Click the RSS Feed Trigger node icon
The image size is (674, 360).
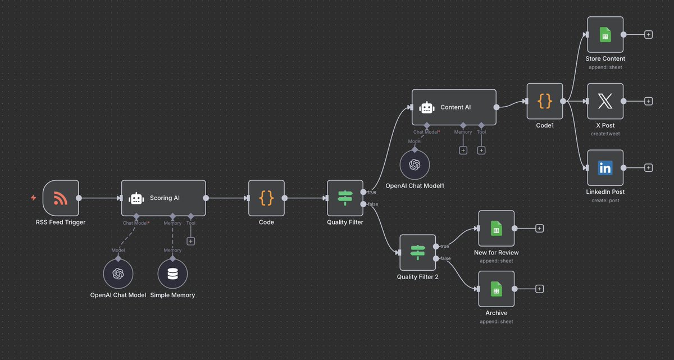pos(60,198)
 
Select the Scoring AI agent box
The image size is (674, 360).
pos(163,198)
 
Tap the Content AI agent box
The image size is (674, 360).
pos(454,107)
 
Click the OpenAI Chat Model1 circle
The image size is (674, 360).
pos(415,165)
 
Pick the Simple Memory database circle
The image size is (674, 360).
pos(172,274)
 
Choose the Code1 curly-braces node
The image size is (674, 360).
pos(545,101)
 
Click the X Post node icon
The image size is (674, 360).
pos(605,101)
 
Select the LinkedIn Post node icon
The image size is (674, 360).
pos(605,167)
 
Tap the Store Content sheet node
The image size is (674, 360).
pos(605,34)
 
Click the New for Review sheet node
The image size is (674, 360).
pos(496,228)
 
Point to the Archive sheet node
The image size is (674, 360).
pos(496,289)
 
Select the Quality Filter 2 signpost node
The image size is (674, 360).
pos(417,252)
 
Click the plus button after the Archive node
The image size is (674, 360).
pos(539,289)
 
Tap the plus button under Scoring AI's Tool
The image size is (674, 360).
pos(191,241)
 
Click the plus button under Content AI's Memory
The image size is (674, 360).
pos(463,150)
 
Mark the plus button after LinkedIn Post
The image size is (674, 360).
pos(648,167)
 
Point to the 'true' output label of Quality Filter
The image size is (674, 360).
pos(372,192)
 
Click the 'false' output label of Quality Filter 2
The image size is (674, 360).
pos(445,258)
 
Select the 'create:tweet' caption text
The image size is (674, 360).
pos(605,134)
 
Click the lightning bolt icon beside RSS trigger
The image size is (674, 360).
pos(34,198)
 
